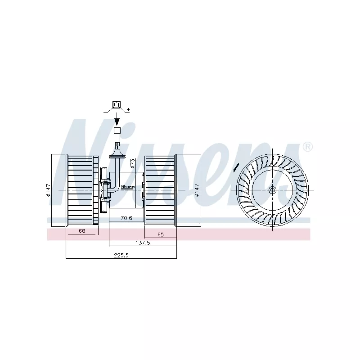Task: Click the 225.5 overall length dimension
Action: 121,255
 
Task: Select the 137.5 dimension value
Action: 143,243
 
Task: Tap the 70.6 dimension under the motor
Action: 126,218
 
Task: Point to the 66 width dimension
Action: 82,231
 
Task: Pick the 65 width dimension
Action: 161,234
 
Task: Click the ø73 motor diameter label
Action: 133,164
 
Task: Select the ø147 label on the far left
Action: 48,190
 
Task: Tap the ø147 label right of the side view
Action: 197,190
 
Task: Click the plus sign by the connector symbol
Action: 128,109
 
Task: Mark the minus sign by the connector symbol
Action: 105,110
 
